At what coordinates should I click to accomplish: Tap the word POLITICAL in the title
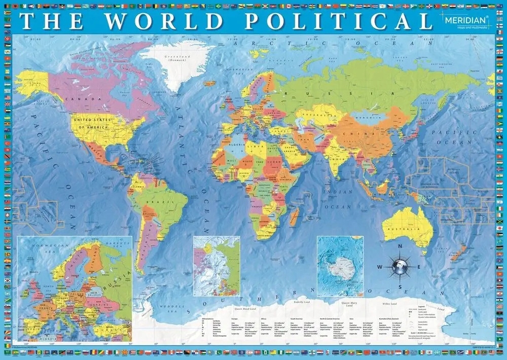click(x=335, y=21)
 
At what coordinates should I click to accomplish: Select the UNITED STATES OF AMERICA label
click(x=92, y=122)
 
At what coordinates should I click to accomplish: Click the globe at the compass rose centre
click(x=400, y=265)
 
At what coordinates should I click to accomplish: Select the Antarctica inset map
click(x=340, y=266)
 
